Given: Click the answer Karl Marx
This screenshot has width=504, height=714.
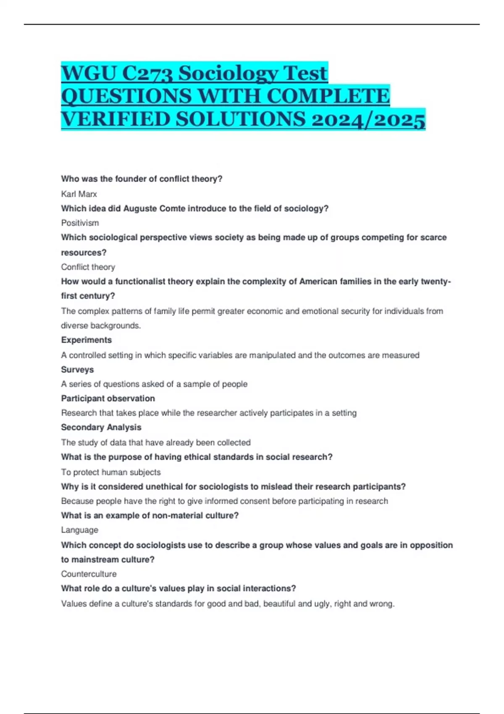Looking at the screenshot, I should click(x=79, y=194).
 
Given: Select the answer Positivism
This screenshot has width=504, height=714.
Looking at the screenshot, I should click(x=80, y=223).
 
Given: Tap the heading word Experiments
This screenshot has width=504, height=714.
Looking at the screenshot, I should click(x=87, y=340).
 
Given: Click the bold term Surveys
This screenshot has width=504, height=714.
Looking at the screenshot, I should click(x=77, y=370).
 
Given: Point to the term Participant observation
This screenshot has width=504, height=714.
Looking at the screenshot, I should click(x=108, y=398).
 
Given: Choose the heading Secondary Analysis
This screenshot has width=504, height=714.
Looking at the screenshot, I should click(x=101, y=427).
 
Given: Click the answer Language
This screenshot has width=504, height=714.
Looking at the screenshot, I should click(x=79, y=530).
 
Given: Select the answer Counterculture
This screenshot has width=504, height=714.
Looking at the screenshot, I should click(x=89, y=574).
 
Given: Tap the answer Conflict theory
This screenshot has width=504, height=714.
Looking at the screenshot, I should click(x=88, y=267).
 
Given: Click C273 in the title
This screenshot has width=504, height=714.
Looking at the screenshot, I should click(x=147, y=73).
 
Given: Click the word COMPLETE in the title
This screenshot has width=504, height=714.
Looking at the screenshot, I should click(x=328, y=96).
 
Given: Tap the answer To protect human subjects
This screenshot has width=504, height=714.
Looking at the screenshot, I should click(x=111, y=472).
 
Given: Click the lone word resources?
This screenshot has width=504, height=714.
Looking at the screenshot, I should click(x=84, y=252).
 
